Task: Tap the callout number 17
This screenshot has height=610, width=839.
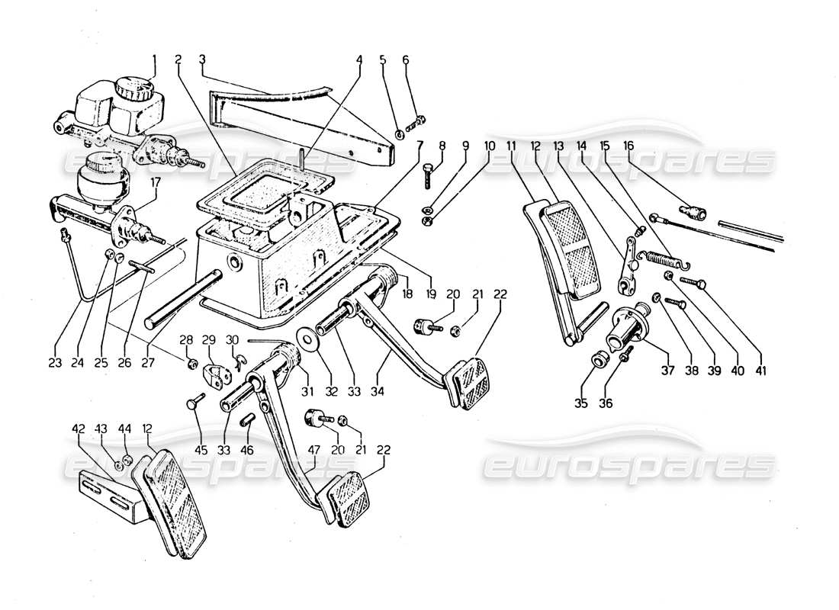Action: click(156, 183)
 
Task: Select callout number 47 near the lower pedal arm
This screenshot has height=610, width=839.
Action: click(313, 451)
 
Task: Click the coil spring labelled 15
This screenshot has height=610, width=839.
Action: click(662, 259)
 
